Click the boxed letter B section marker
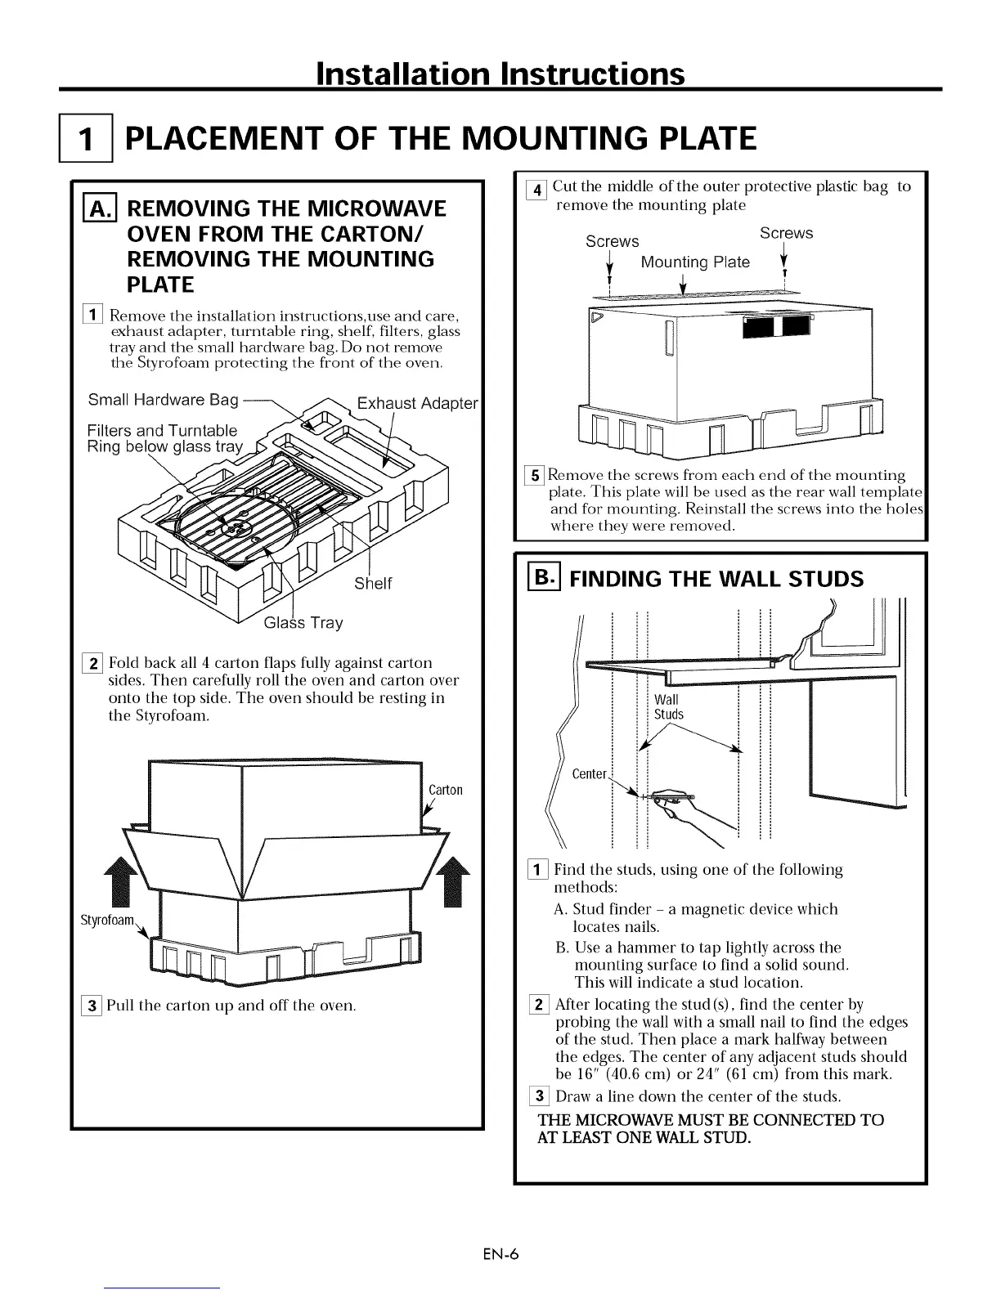click(x=543, y=578)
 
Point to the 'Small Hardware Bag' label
click(x=163, y=400)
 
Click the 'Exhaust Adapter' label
click(x=417, y=403)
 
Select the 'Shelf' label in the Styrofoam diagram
click(x=372, y=583)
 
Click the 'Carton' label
click(x=446, y=790)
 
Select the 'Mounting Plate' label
click(x=695, y=262)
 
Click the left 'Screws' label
click(x=612, y=242)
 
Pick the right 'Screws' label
click(x=786, y=233)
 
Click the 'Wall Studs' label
click(x=668, y=707)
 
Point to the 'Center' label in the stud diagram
click(x=589, y=774)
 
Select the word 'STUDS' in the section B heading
click(x=823, y=580)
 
